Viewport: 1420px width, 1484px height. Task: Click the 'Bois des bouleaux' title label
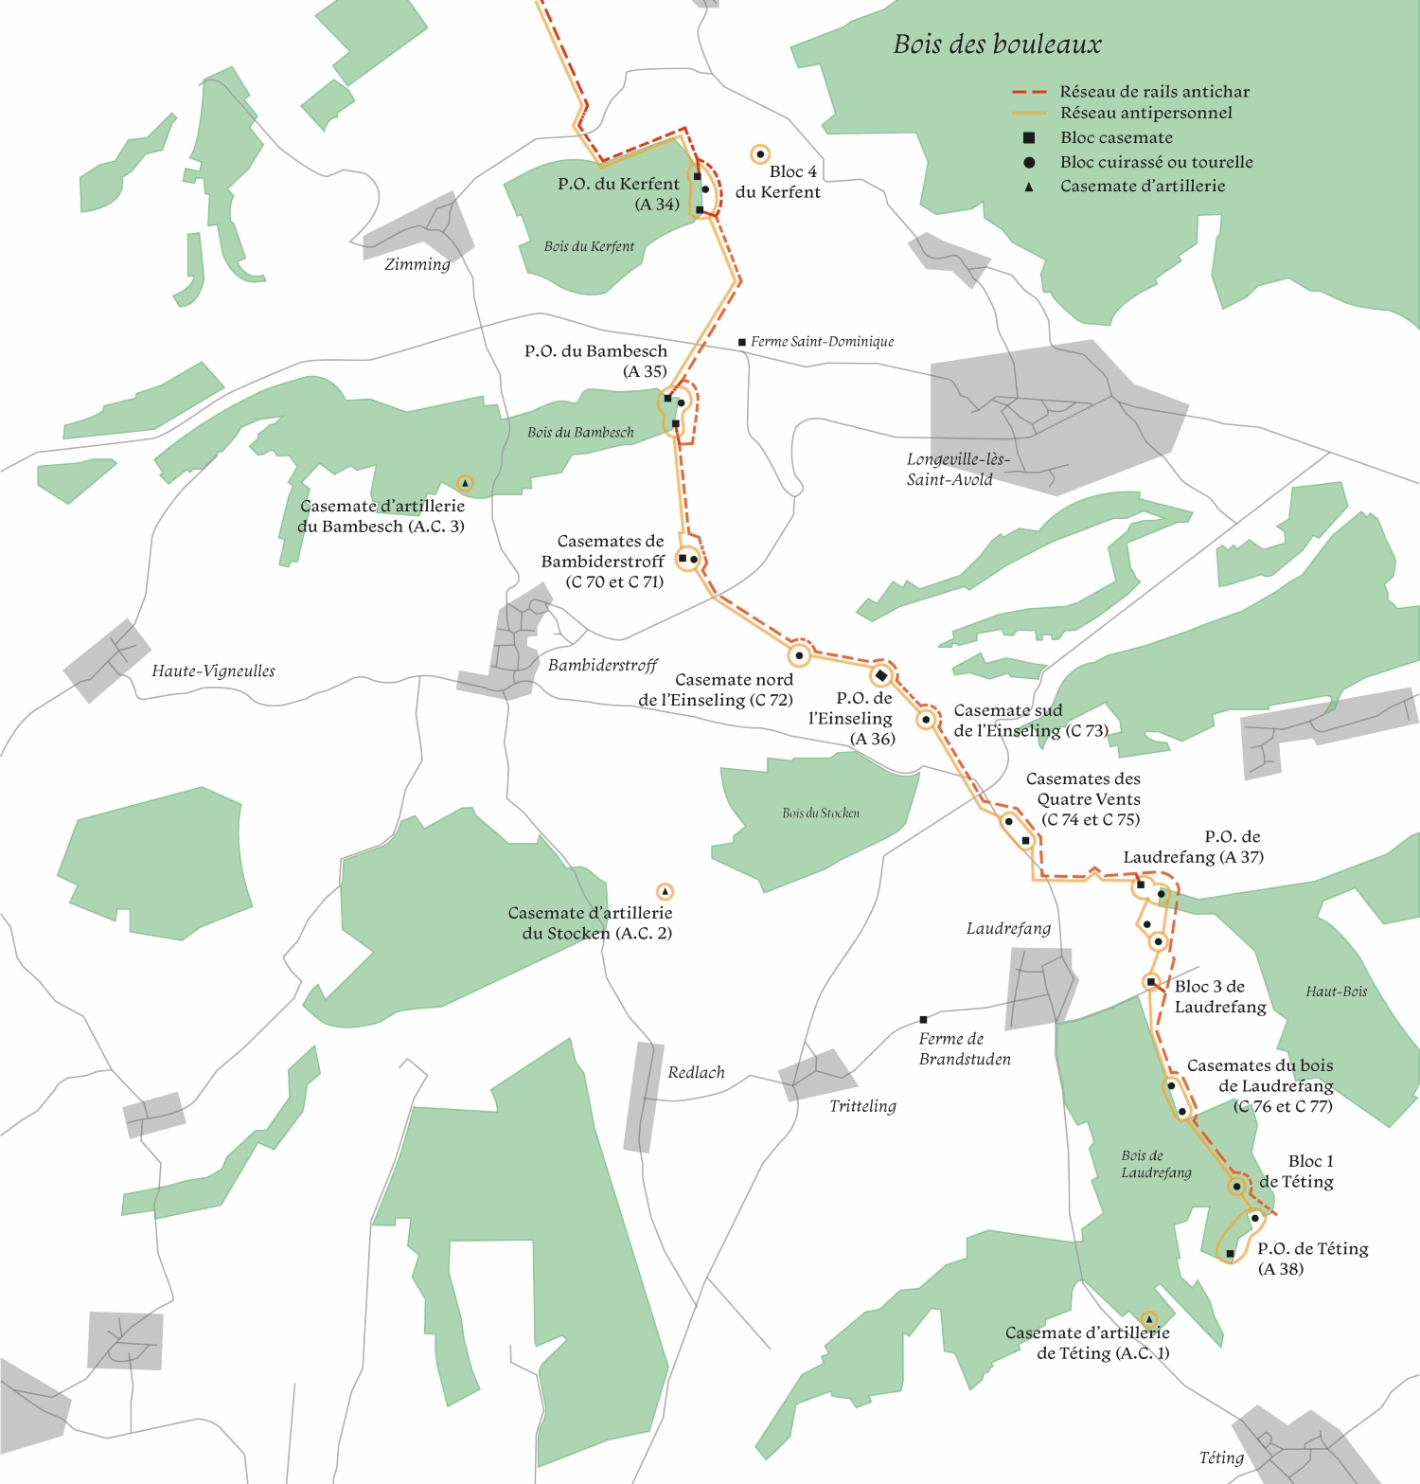pyautogui.click(x=997, y=45)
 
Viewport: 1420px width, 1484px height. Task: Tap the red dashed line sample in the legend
pyautogui.click(x=1029, y=92)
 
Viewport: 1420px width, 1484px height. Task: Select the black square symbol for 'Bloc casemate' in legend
pyautogui.click(x=1029, y=138)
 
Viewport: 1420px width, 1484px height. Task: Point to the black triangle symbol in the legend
pyautogui.click(x=1029, y=188)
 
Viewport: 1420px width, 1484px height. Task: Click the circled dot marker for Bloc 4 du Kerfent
pyautogui.click(x=759, y=153)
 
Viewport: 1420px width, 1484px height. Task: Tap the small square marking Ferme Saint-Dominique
pyautogui.click(x=742, y=342)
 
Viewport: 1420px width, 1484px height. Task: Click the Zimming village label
pyautogui.click(x=417, y=264)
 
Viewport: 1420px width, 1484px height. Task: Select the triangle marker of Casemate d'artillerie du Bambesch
pyautogui.click(x=465, y=483)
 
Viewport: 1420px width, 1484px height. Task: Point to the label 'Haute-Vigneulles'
pyautogui.click(x=213, y=671)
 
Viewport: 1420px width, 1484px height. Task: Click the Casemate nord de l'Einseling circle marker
pyautogui.click(x=799, y=654)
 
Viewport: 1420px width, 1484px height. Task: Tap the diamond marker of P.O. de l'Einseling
pyautogui.click(x=881, y=675)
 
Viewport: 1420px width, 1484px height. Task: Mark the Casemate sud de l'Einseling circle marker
pyautogui.click(x=927, y=720)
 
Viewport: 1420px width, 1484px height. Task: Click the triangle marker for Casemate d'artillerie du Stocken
pyautogui.click(x=665, y=891)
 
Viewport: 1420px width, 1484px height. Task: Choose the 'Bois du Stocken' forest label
pyautogui.click(x=821, y=813)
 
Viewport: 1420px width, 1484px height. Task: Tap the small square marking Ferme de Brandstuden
pyautogui.click(x=923, y=1020)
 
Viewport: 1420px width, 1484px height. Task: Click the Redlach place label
pyautogui.click(x=696, y=1073)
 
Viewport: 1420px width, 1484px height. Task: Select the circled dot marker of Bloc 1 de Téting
pyautogui.click(x=1236, y=1186)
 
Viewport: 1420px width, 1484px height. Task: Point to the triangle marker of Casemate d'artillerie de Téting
pyautogui.click(x=1149, y=1319)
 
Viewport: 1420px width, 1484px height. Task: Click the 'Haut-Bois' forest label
pyautogui.click(x=1336, y=992)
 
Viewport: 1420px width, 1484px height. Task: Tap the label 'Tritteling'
pyautogui.click(x=862, y=1106)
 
